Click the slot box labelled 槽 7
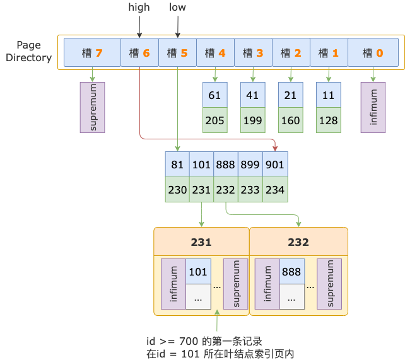92,53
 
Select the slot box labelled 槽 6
139,53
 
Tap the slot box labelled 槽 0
373,53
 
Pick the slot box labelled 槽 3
253,53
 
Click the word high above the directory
139,8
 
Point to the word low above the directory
178,8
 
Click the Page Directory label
33,52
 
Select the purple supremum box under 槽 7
92,107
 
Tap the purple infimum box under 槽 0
373,107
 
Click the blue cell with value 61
215,95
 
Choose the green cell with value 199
253,120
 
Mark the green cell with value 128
329,120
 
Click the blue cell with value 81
177,165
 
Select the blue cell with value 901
275,165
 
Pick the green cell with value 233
250,189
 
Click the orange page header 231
201,242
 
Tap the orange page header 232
298,242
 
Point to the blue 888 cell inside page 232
292,271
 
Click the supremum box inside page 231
236,284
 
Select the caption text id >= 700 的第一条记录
204,341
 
